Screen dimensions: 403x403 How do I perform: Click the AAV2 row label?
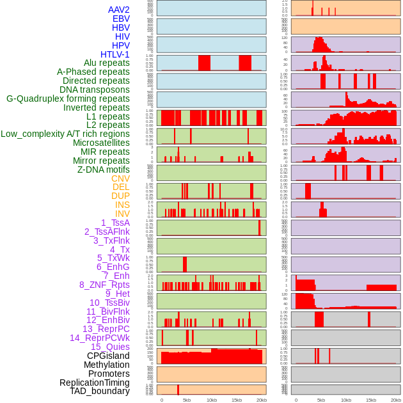click(118, 10)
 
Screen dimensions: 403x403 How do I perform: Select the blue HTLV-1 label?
click(115, 54)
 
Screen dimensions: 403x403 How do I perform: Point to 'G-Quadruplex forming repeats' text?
click(68, 99)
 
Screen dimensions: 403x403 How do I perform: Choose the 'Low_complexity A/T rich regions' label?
click(65, 134)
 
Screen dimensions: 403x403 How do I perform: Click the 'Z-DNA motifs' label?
click(103, 170)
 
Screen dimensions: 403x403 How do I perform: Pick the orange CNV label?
click(120, 178)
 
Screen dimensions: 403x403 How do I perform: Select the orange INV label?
click(122, 214)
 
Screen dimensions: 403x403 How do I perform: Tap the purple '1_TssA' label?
click(115, 223)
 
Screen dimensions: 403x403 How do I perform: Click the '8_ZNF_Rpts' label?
click(104, 285)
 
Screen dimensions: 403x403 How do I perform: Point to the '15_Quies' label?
click(109, 347)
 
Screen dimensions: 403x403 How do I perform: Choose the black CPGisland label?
click(108, 356)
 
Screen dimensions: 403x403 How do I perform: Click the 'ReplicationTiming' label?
click(94, 383)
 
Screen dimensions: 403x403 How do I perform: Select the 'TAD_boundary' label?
click(99, 391)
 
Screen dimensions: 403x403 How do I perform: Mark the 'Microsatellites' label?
click(101, 143)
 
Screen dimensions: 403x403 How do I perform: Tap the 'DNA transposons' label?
click(94, 90)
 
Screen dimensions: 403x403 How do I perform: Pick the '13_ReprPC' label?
click(106, 329)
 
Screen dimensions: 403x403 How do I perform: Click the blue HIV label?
click(122, 36)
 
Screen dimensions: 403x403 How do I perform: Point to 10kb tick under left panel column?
click(212, 400)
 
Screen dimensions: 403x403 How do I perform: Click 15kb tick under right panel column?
click(371, 400)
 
